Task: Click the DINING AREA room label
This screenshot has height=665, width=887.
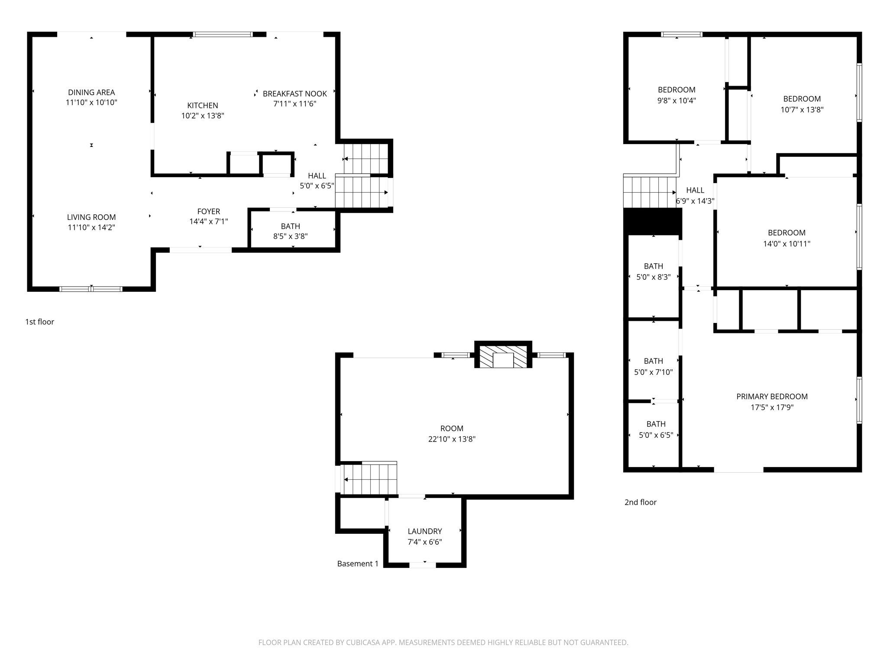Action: (91, 92)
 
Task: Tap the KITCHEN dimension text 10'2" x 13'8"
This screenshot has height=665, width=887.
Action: (202, 116)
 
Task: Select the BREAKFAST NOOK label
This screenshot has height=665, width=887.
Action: (295, 94)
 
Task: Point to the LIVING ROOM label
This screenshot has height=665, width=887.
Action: (91, 217)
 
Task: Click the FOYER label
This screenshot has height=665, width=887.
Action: (208, 211)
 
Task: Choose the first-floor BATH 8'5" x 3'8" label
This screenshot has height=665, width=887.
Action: (290, 226)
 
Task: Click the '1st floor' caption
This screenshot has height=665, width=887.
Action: (39, 322)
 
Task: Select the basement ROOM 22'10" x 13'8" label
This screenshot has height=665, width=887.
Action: (452, 428)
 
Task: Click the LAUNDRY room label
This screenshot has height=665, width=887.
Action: (424, 531)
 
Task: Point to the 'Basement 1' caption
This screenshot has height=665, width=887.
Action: (358, 564)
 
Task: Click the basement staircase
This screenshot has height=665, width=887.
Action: (369, 479)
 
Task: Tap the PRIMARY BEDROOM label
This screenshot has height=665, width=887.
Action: (772, 397)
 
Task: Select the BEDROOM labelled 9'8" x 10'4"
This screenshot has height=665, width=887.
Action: (677, 90)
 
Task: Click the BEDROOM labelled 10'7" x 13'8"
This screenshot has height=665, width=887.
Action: (802, 99)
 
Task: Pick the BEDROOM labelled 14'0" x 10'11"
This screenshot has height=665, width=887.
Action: (787, 233)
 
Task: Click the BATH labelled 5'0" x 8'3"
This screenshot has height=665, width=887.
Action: (653, 266)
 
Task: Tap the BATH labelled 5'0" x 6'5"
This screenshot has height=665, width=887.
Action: (656, 424)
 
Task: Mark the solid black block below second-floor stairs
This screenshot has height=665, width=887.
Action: (653, 221)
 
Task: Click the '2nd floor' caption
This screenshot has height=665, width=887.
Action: (640, 502)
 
